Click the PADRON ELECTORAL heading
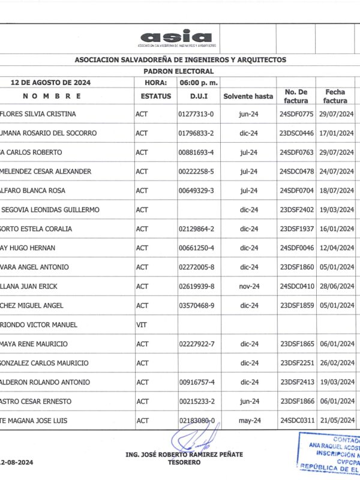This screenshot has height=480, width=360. tap(180, 70)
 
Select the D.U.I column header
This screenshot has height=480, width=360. tap(198, 96)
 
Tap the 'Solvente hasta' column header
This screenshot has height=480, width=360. tap(248, 96)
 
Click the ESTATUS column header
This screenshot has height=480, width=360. tap(156, 96)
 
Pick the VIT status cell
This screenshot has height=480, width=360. tap(142, 325)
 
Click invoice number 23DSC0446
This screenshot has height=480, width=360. tap(297, 133)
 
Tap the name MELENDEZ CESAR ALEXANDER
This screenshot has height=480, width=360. tap(47, 172)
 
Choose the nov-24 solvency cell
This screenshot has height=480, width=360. tap(248, 286)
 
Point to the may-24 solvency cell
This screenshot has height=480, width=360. tap(248, 421)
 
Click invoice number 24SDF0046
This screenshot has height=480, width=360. tap(297, 248)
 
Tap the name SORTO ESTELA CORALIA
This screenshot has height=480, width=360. tap(37, 229)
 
